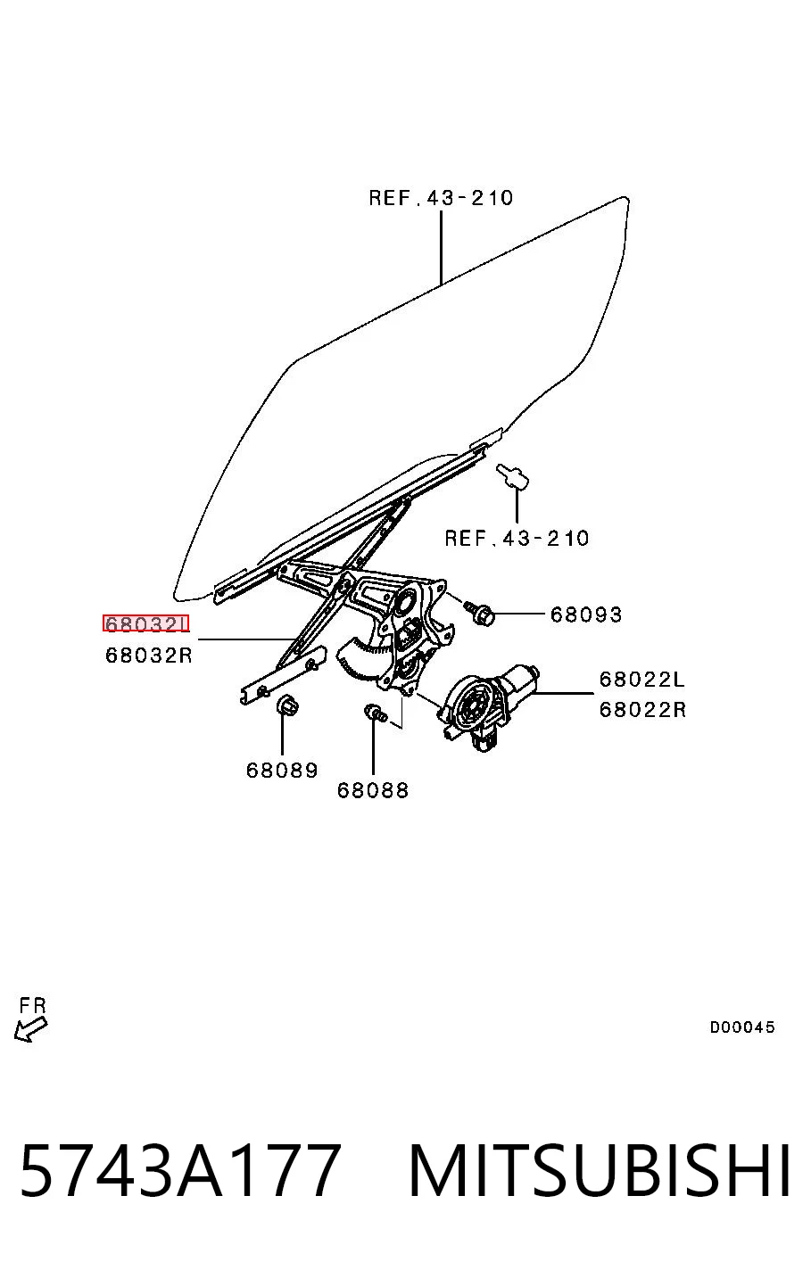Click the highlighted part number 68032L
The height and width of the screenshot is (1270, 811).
[145, 623]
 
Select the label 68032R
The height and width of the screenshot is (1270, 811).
[149, 656]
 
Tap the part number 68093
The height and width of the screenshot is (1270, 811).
[586, 614]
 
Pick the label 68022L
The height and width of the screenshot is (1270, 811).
[642, 679]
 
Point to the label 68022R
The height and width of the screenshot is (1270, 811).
[642, 709]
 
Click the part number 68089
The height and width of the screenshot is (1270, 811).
[282, 771]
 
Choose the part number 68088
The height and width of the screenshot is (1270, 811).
[373, 790]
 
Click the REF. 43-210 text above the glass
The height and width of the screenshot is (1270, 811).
[441, 198]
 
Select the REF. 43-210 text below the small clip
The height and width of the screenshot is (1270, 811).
[517, 538]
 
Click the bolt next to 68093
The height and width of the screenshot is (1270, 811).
[479, 613]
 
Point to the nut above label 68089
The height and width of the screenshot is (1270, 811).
[287, 705]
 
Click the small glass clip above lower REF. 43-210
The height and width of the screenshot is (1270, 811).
[512, 477]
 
